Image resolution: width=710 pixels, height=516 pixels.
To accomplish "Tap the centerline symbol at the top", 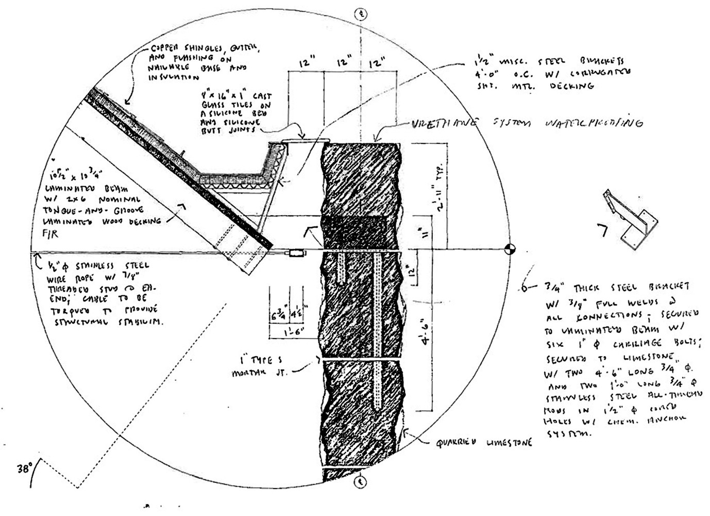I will (x=361, y=14).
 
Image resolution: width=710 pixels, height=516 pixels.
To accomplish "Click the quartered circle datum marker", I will (x=510, y=249).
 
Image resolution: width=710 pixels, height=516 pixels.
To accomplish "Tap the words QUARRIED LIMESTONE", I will (x=483, y=442).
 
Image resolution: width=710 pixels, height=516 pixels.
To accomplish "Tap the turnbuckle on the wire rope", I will (x=296, y=253).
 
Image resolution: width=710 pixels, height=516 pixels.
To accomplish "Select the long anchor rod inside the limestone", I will (x=380, y=330).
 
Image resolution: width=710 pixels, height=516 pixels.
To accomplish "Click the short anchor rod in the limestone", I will (x=343, y=268).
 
